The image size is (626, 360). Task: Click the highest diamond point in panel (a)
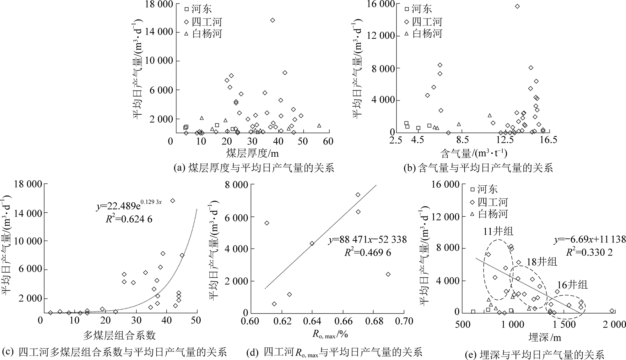tap(273, 20)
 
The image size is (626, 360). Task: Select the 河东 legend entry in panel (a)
tap(198, 9)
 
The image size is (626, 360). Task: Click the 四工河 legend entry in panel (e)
tap(488, 202)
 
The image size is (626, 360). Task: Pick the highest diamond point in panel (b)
tap(517, 6)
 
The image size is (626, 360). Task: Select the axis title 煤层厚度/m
tap(252, 153)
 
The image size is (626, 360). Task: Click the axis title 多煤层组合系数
tap(119, 335)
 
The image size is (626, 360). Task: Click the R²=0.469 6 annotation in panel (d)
tap(368, 252)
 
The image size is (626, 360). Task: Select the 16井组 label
tap(572, 285)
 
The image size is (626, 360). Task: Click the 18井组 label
tap(542, 262)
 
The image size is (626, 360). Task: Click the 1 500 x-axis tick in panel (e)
tap(564, 324)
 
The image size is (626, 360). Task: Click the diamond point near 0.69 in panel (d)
tap(388, 274)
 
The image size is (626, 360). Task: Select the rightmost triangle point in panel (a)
tap(319, 125)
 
